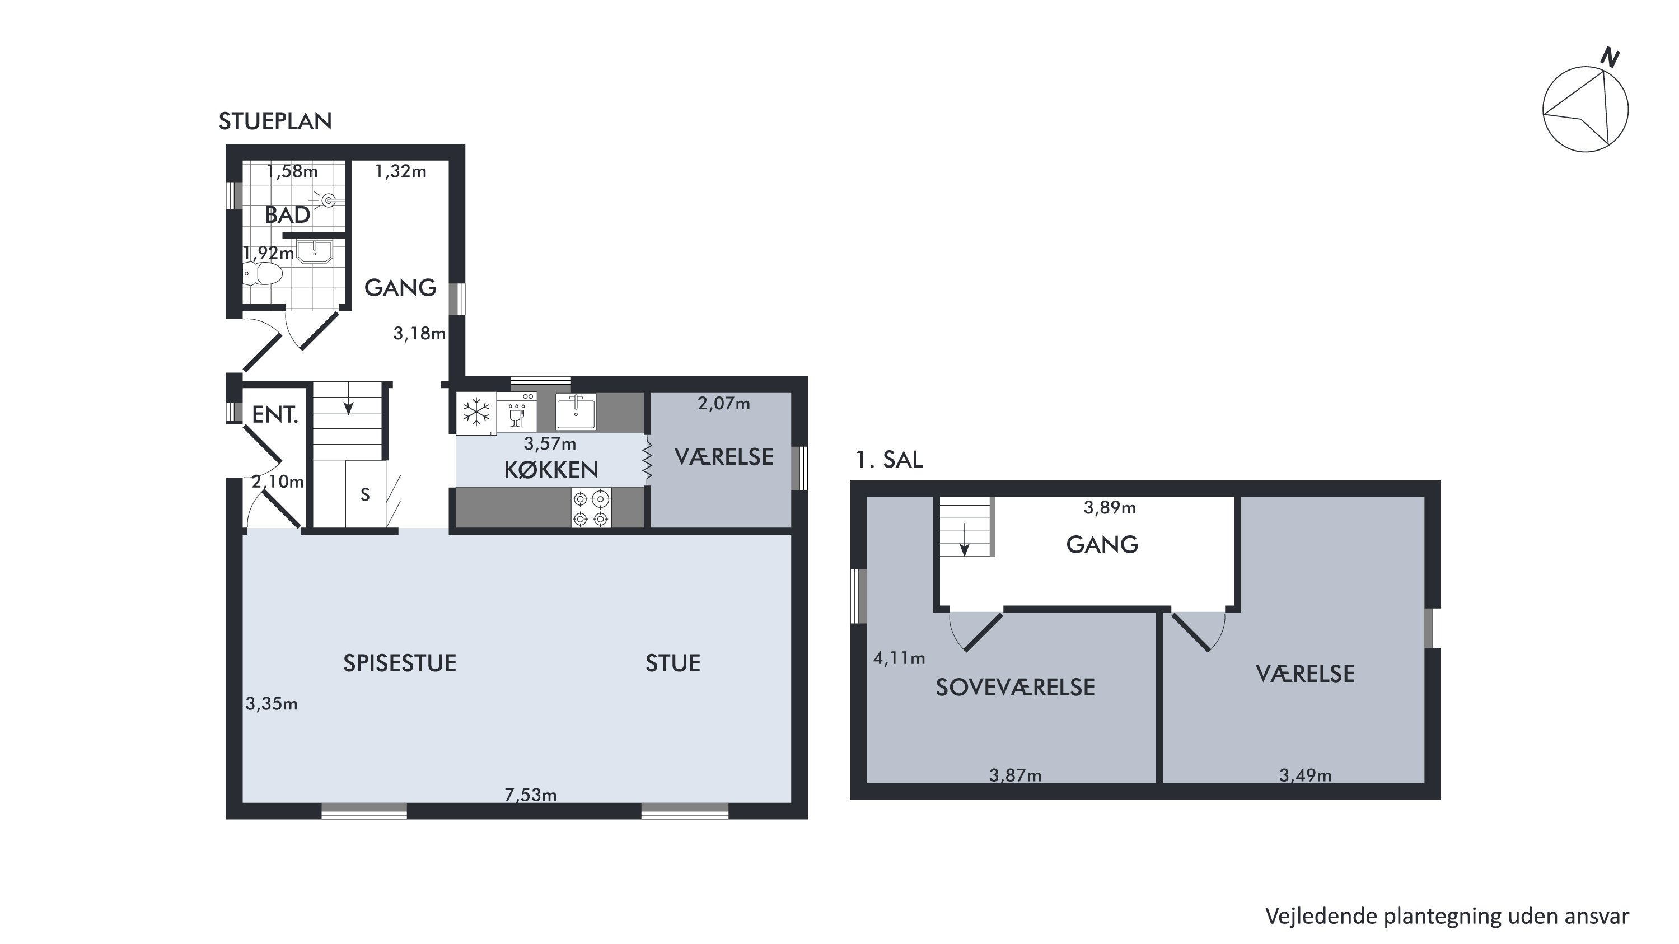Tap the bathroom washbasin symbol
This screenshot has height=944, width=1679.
[315, 251]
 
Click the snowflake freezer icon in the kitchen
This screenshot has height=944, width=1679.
[476, 412]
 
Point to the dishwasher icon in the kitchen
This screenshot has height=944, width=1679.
[517, 412]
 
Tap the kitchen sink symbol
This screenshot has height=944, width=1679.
[576, 412]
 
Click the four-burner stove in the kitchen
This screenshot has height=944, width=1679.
[591, 508]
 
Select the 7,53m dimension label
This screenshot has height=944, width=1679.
[531, 795]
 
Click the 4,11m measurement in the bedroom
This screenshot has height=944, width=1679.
[899, 658]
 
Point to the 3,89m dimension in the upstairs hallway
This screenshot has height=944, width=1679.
[1109, 508]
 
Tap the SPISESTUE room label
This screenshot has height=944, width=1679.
[400, 663]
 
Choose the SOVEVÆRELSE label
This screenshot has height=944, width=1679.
[1015, 687]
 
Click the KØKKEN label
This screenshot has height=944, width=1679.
[551, 470]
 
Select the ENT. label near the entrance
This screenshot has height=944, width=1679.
[275, 415]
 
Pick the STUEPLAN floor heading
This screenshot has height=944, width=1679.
[275, 121]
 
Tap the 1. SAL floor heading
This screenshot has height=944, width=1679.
[889, 460]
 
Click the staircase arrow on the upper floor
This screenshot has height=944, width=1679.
[965, 540]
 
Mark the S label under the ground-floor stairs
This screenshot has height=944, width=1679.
[365, 495]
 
